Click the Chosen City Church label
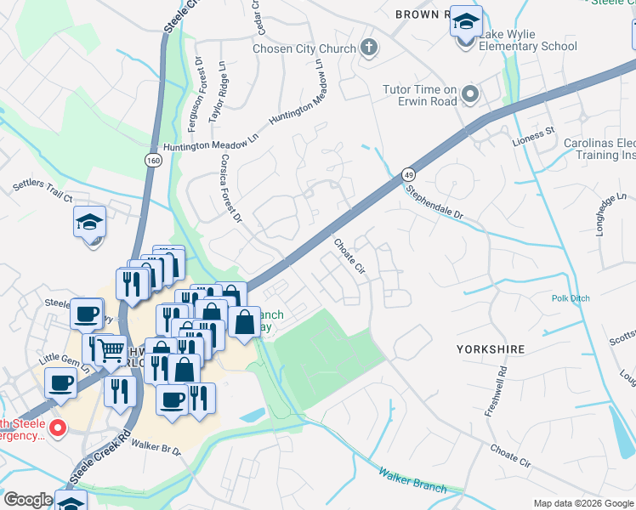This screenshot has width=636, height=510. [304, 48]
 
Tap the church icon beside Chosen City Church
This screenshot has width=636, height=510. [368, 48]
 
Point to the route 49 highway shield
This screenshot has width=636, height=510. [409, 173]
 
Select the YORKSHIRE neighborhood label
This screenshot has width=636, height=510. [491, 349]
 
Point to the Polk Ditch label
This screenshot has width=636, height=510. [571, 298]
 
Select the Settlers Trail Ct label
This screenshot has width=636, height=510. [43, 190]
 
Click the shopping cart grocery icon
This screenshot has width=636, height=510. [111, 349]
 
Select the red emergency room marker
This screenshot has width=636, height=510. [58, 428]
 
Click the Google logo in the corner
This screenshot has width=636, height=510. [28, 500]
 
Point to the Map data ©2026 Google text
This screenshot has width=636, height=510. [582, 503]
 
